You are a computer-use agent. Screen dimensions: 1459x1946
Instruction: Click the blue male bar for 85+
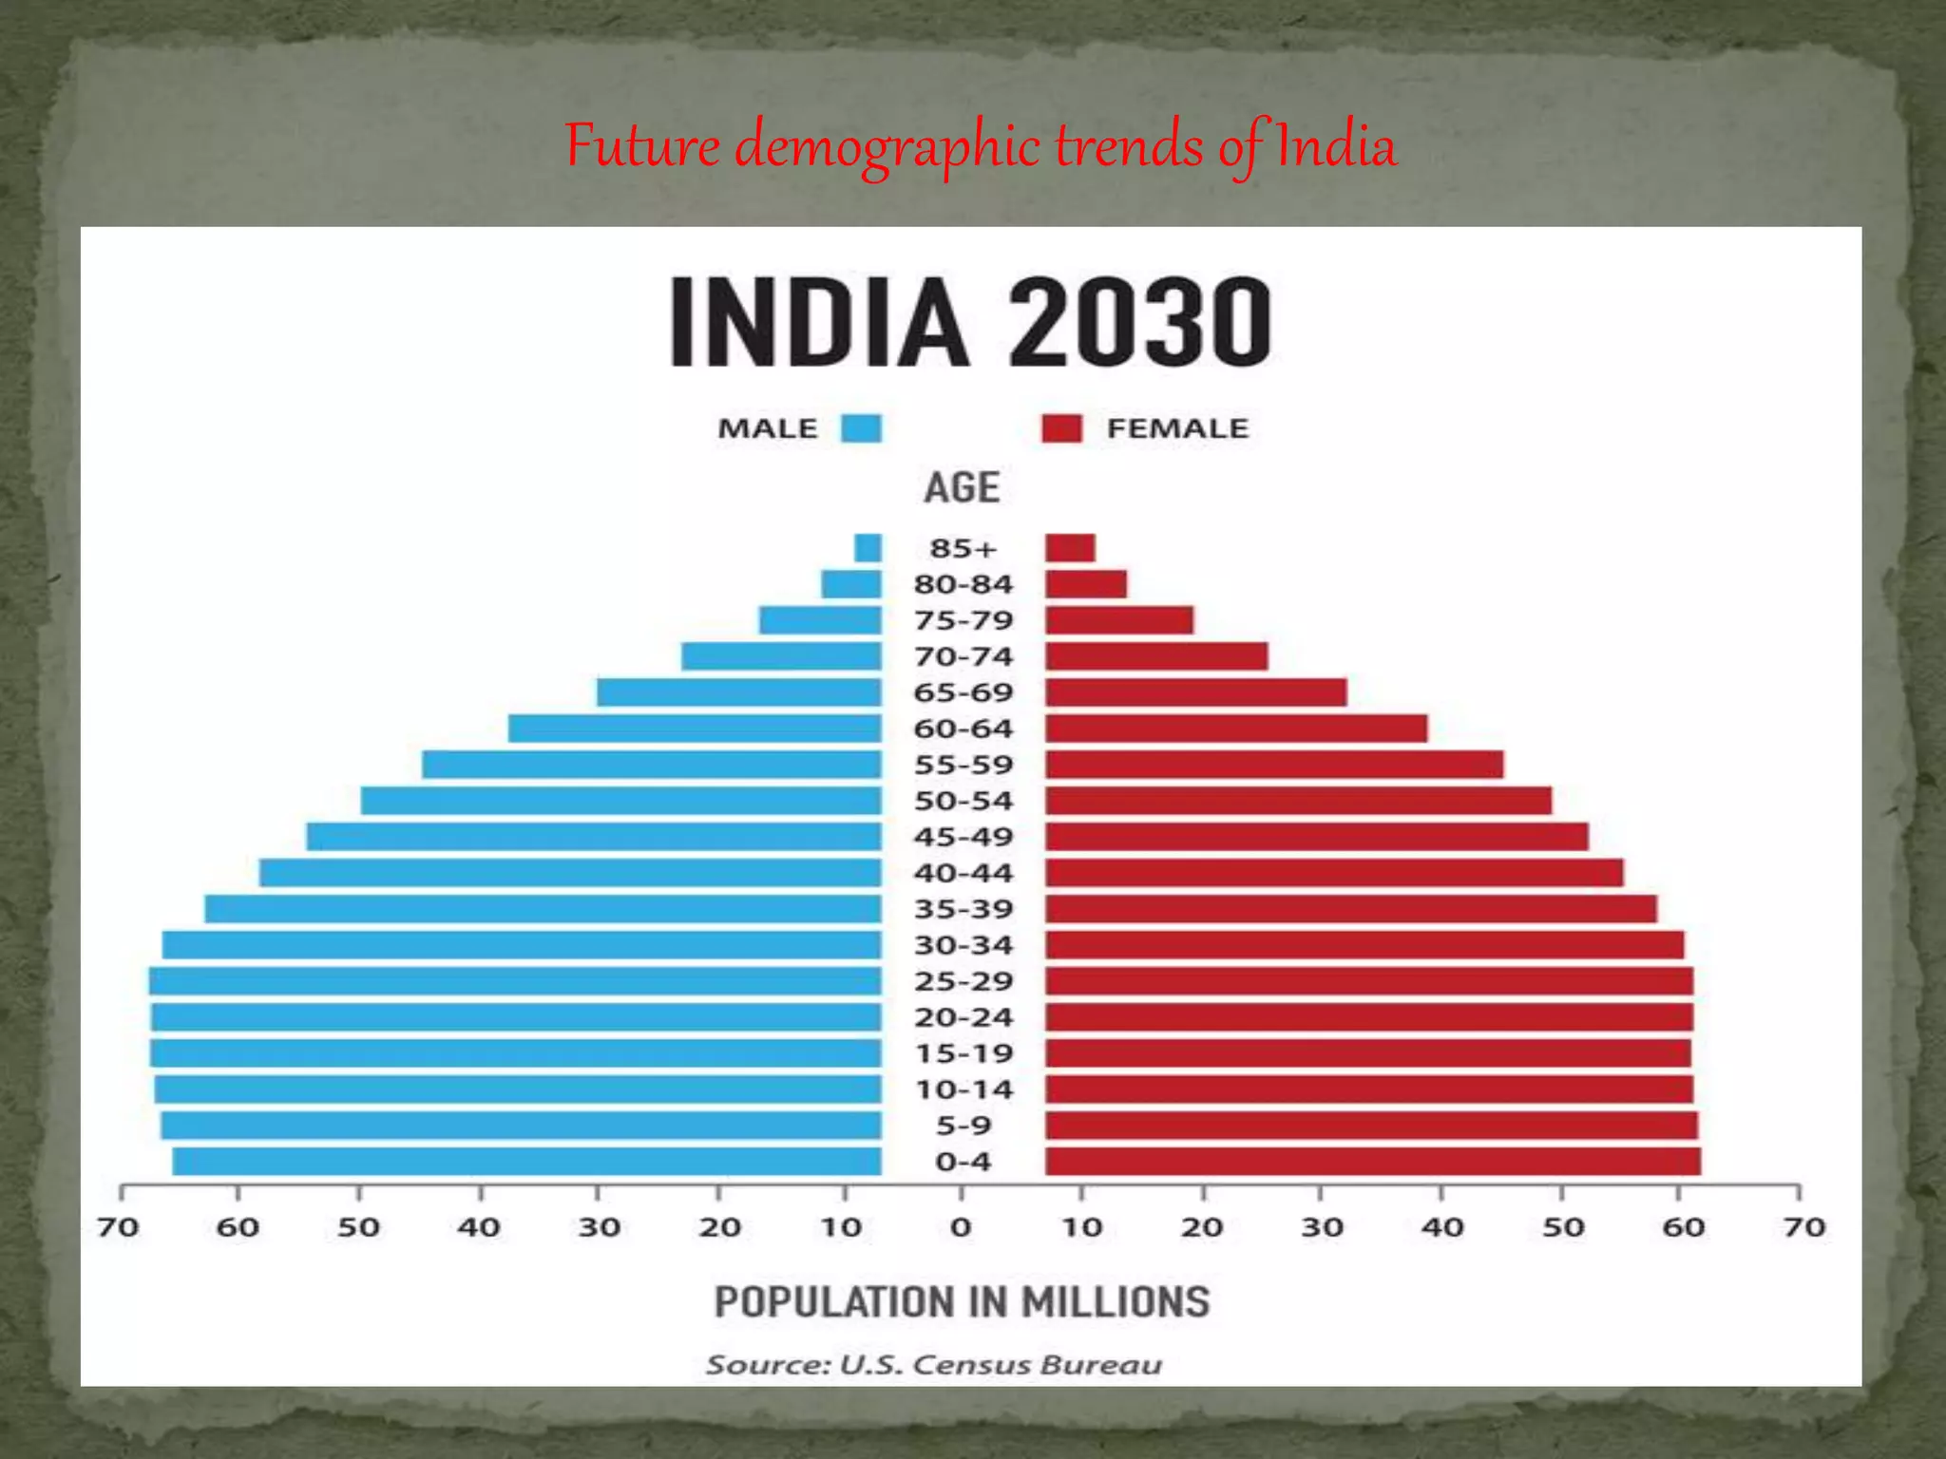click(868, 548)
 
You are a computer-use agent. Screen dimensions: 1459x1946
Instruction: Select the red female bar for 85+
click(1070, 548)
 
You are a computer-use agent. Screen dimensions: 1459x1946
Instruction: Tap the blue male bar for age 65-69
click(738, 692)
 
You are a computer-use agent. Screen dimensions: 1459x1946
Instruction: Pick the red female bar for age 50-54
click(1298, 801)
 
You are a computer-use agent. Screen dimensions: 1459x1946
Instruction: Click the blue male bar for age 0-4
click(526, 1162)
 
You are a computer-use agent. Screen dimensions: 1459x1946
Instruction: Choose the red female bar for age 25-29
click(1368, 981)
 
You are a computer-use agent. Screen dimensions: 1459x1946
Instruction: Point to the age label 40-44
click(963, 873)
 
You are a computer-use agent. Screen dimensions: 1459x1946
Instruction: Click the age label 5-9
click(963, 1126)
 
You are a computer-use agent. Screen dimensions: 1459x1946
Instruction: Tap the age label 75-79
click(963, 620)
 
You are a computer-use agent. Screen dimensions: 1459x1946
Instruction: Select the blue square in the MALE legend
click(861, 428)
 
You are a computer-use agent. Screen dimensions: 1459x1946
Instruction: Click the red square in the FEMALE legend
click(1061, 428)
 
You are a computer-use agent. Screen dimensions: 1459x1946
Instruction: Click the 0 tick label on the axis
click(961, 1227)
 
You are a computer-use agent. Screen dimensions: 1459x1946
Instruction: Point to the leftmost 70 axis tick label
click(118, 1227)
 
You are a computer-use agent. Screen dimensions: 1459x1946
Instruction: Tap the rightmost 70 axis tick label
click(1803, 1227)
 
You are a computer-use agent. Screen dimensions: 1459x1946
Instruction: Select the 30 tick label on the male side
click(600, 1227)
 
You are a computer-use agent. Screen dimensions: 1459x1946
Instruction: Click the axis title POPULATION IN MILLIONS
click(962, 1301)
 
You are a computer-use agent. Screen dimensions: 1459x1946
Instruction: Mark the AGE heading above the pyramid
click(962, 487)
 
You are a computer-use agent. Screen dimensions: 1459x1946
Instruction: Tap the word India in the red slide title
click(1335, 147)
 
